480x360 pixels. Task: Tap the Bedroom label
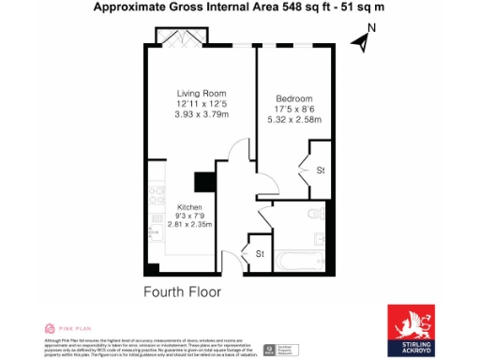tap(293, 98)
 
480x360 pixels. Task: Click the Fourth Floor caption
tap(182, 292)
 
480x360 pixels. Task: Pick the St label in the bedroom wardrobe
tap(319, 171)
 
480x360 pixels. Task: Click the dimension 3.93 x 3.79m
tap(202, 115)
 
